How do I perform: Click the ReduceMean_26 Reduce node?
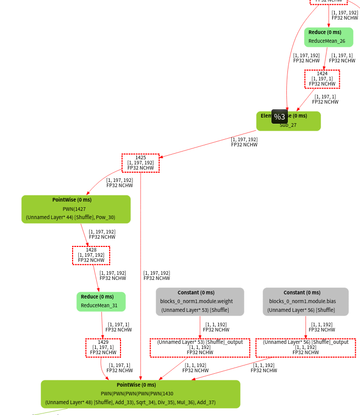coord(328,37)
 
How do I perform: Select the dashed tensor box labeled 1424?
coord(322,79)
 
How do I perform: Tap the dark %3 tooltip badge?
coord(280,117)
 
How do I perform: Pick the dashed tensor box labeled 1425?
coord(141,163)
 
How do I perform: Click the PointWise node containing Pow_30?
coord(76,209)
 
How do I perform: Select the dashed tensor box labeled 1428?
coord(91,255)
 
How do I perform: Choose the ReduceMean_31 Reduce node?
coord(101,302)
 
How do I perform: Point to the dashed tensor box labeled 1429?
coord(103,347)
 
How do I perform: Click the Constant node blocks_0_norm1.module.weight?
coord(200,302)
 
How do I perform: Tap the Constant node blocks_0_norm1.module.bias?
coord(305,302)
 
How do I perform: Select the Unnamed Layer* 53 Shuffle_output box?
coord(200,347)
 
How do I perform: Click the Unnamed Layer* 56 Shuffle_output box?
coord(305,347)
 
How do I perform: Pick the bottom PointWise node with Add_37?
coord(140,394)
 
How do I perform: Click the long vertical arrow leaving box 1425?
coord(141,273)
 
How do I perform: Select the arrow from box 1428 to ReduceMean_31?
coord(95,278)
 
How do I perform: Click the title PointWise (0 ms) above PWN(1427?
coord(72,200)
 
